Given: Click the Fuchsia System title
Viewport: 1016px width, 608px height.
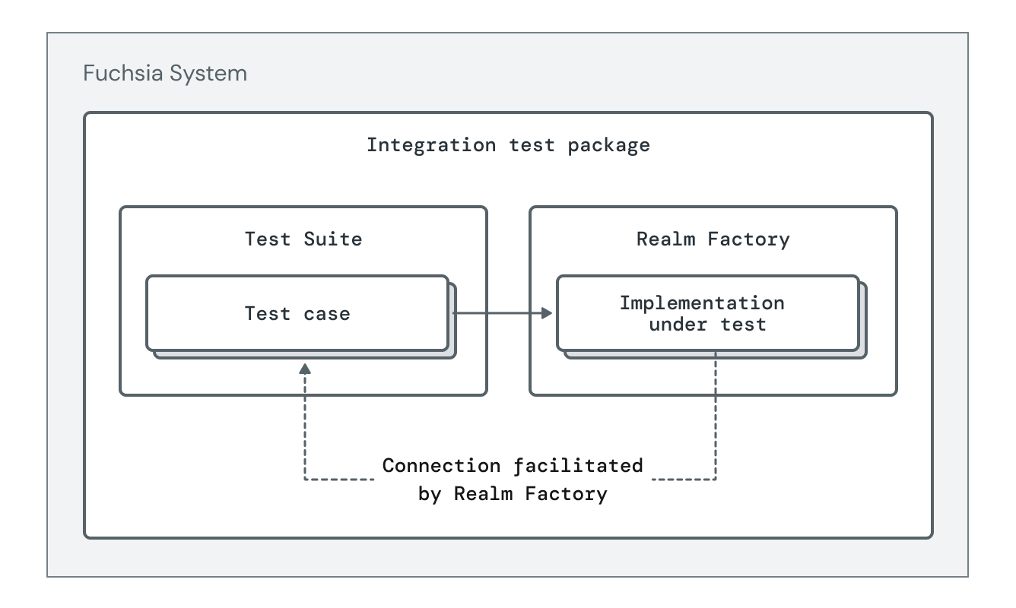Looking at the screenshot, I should pos(165,74).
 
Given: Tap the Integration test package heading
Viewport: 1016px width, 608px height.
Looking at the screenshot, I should pos(508,144).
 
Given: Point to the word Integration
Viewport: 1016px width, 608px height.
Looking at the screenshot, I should pos(431,144).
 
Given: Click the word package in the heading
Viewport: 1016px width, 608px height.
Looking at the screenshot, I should pos(608,145).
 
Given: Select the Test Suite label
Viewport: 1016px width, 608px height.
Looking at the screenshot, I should pos(303,239).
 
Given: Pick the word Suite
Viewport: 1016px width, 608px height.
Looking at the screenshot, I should pos(333,239).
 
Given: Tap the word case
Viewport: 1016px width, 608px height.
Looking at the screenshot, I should pos(327,313).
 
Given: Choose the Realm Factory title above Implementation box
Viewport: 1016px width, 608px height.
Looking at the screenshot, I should pos(713,239).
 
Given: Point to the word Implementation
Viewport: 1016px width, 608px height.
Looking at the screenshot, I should pos(701,302).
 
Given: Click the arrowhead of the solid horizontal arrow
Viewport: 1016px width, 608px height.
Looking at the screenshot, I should pos(547,313).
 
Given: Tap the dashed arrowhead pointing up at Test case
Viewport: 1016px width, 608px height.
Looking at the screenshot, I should pos(305,369).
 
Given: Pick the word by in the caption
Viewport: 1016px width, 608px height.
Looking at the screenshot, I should pos(430,493).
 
